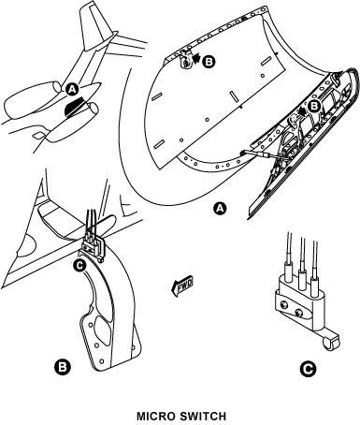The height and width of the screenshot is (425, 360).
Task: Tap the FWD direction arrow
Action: pos(182,286)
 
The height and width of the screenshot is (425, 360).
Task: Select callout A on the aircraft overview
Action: pos(72,90)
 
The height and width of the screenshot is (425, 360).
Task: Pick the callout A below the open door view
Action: pos(220,209)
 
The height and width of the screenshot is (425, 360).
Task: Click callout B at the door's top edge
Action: pos(209,62)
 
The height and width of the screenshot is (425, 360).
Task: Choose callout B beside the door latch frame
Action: pos(313,107)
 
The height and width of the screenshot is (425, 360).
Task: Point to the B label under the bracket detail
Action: pos(63,366)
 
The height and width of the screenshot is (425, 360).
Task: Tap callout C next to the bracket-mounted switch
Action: pos(79,266)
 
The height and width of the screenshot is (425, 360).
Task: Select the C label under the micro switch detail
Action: pos(308,369)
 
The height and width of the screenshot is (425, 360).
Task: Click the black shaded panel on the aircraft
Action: pos(74,106)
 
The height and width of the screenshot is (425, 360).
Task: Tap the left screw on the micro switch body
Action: pos(283,304)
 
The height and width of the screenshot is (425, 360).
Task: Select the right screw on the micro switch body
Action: pos(299,312)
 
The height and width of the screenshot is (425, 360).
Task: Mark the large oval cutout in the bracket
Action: pos(104,330)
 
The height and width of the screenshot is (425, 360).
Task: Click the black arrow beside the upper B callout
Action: pos(195,59)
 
